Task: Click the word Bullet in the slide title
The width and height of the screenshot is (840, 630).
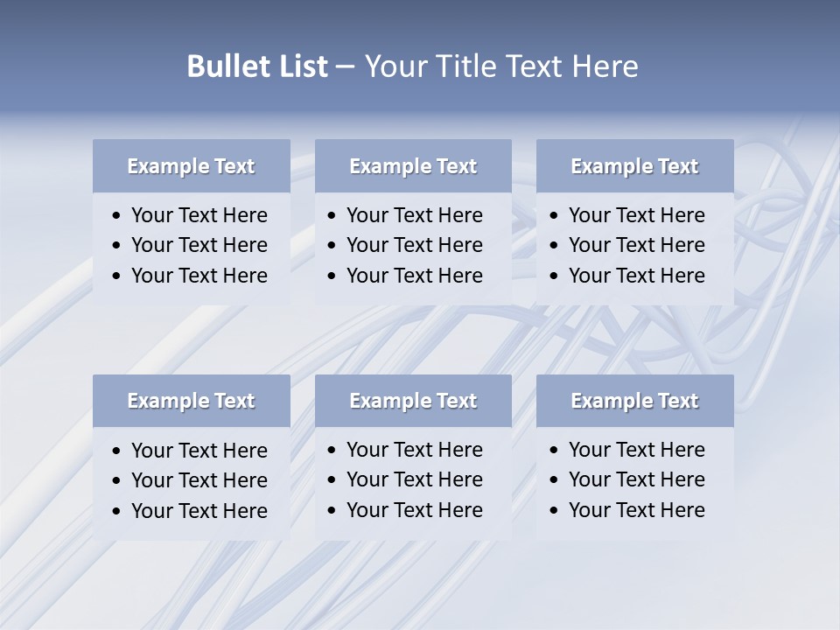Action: point(224,66)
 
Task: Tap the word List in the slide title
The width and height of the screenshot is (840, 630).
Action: point(297,66)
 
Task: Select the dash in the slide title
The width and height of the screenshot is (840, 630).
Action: point(346,67)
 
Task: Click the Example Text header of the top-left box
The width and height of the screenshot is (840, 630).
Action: point(191,166)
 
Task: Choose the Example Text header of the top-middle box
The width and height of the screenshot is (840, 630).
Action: point(413,166)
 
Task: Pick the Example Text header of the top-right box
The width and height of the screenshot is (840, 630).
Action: point(634,166)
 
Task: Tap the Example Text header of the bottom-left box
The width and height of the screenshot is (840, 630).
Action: point(191,401)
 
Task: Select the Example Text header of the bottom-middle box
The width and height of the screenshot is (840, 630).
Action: point(413,401)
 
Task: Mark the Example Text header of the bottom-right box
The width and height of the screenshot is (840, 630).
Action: point(634,401)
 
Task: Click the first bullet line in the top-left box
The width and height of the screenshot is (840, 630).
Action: point(199,215)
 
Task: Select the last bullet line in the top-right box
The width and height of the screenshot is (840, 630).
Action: point(636,276)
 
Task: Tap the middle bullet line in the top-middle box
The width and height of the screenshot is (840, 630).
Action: point(414,245)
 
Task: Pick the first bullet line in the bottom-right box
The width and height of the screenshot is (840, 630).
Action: point(636,450)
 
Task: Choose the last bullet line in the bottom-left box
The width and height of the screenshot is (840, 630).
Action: point(199,511)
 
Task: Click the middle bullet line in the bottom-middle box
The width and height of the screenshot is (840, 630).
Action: point(414,479)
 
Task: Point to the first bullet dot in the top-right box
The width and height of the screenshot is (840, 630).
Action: point(555,216)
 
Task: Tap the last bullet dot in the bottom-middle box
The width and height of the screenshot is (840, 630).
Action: point(332,511)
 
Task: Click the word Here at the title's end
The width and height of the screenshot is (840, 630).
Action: point(604,66)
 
